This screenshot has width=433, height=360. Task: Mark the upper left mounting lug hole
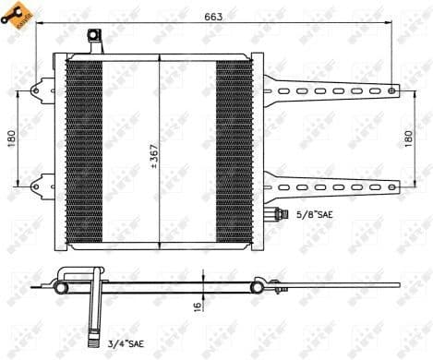coord(37,91)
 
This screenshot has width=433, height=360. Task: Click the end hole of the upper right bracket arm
coord(391,90)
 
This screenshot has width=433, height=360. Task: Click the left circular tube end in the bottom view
coord(61,287)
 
